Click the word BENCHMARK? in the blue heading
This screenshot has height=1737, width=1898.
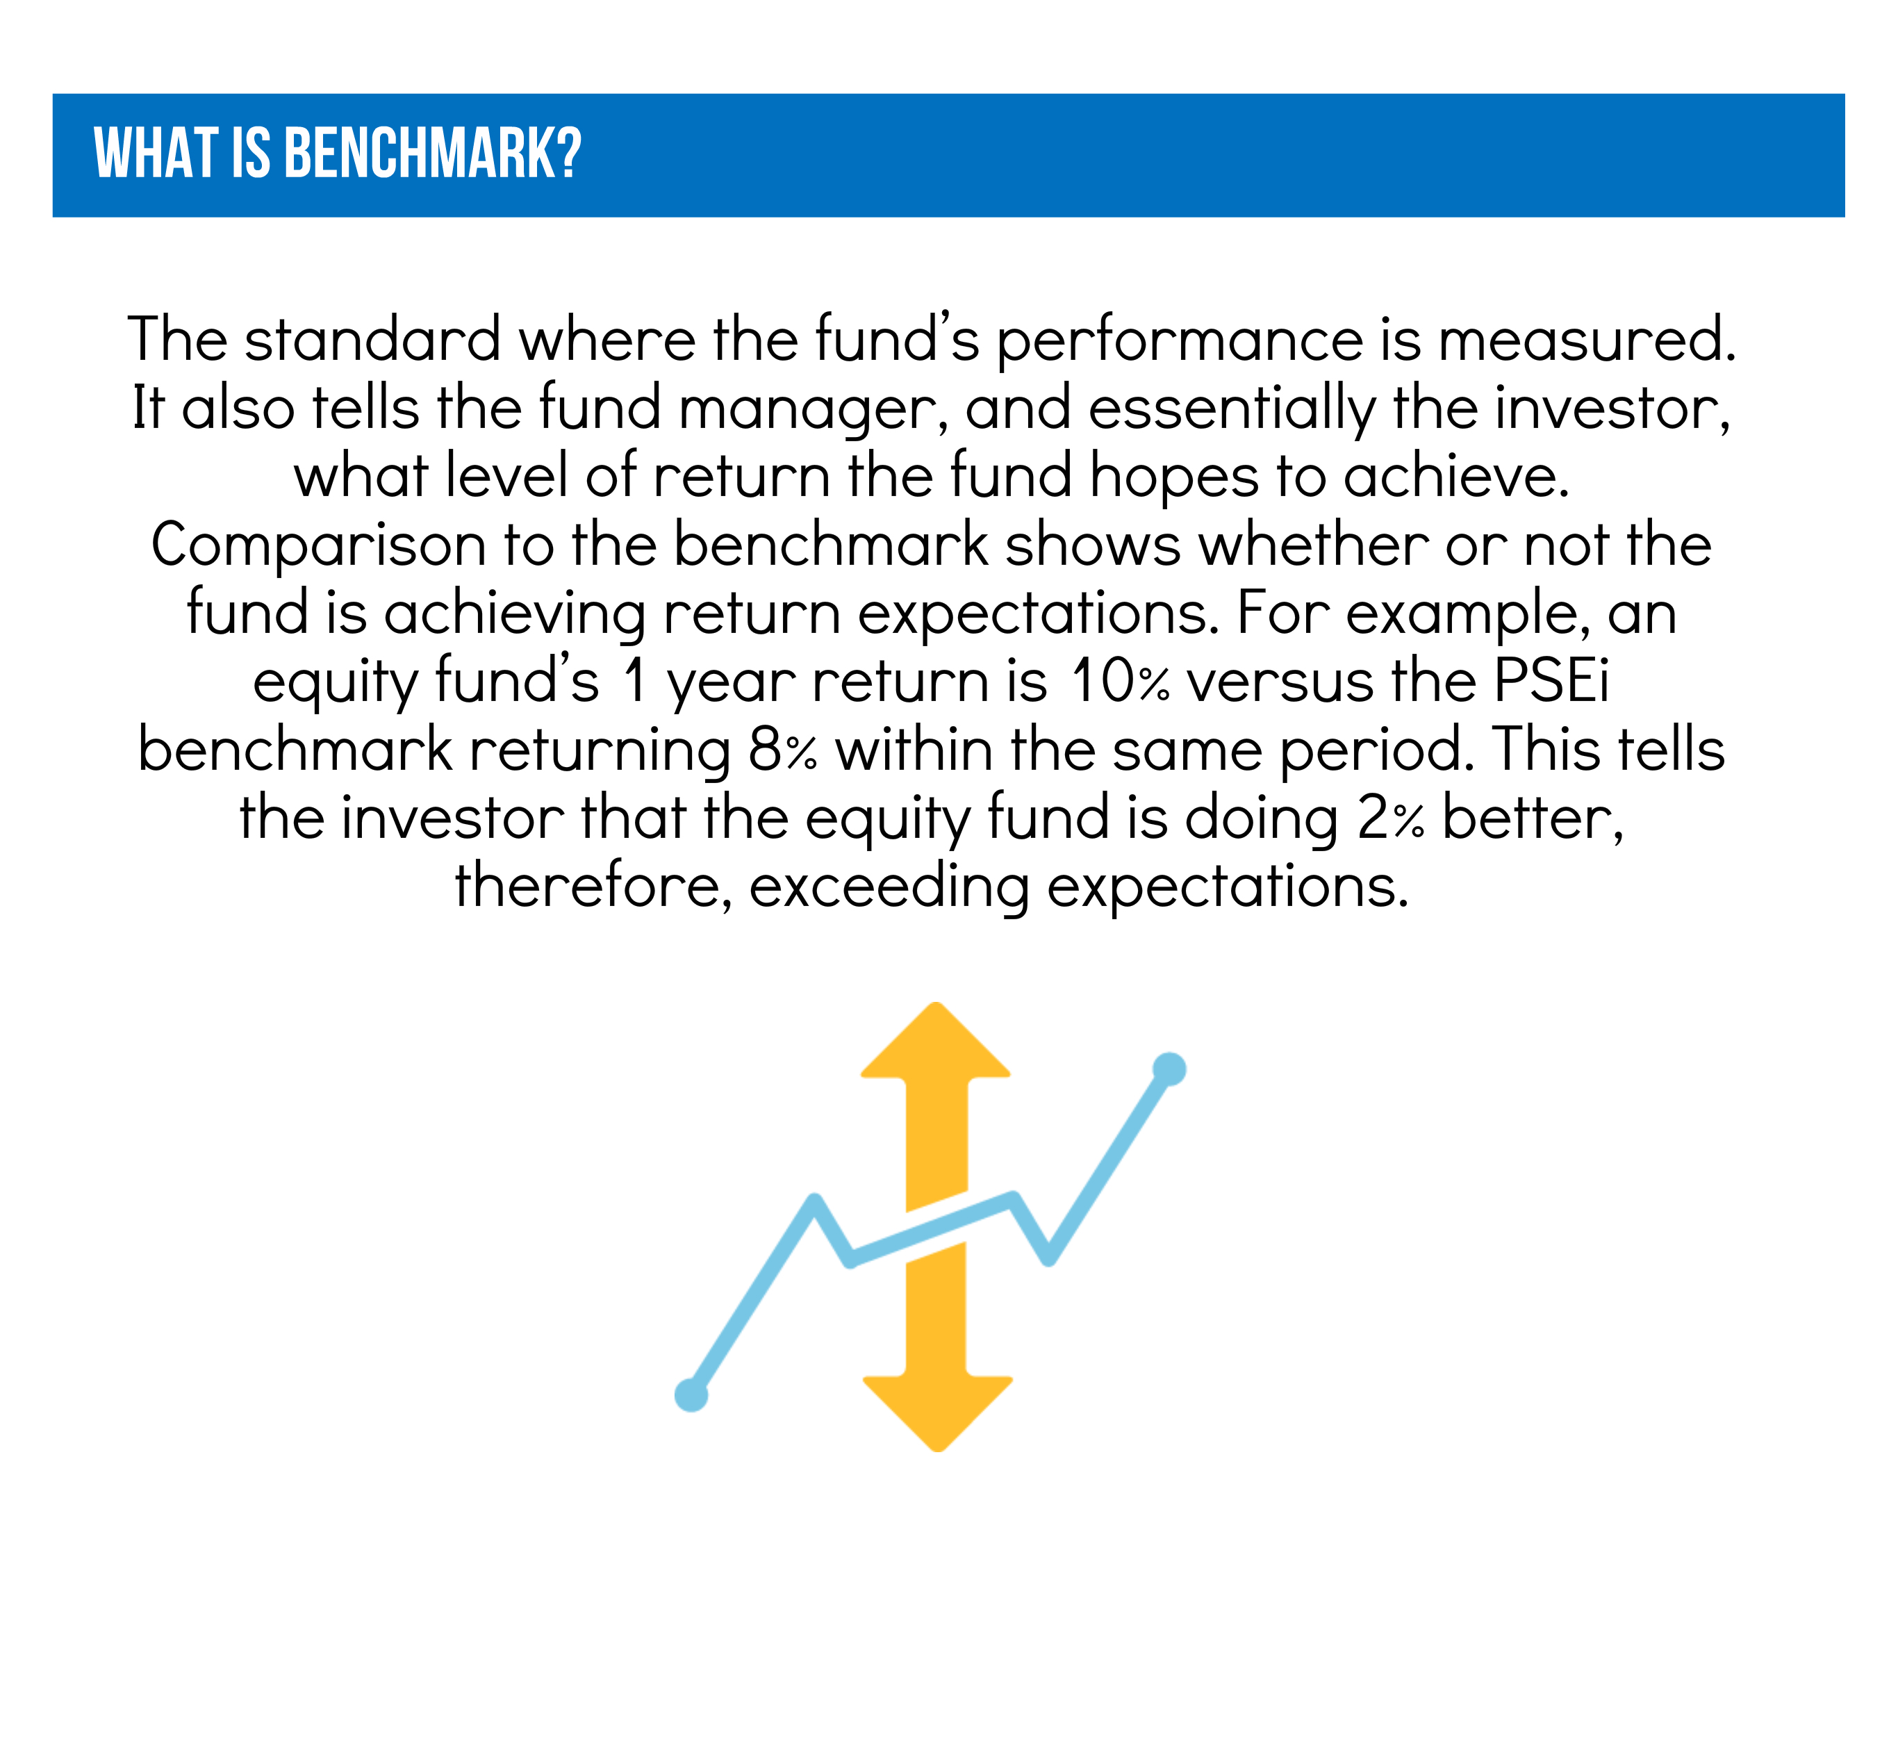coord(432,154)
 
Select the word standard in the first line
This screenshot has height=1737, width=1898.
coord(373,339)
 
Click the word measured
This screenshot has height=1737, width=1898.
coord(1587,339)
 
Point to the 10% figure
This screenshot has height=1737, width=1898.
coord(1121,682)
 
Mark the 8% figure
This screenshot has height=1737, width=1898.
coord(782,750)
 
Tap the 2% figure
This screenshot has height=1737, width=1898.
coord(1391,818)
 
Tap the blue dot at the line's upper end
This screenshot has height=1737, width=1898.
coord(1169,1069)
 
